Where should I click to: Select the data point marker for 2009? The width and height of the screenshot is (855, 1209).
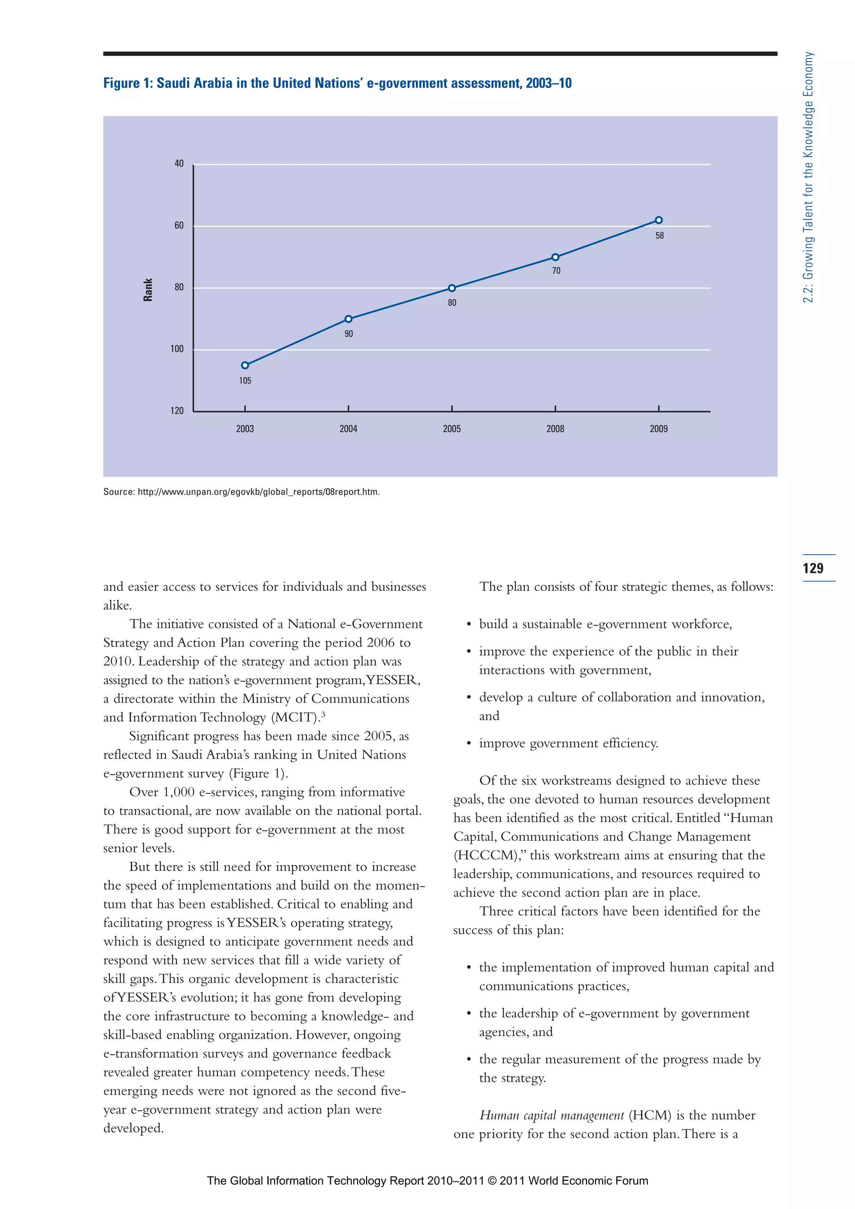(x=658, y=220)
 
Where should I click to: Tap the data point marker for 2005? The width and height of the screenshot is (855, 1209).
(x=451, y=288)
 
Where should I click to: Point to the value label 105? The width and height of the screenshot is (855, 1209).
(x=245, y=381)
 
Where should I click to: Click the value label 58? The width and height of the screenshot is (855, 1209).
(x=660, y=235)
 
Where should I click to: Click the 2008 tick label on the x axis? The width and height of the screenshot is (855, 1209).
(x=555, y=429)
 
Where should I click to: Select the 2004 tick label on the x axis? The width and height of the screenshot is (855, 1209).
(x=348, y=429)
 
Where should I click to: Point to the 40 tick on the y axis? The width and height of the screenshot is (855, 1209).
(x=179, y=164)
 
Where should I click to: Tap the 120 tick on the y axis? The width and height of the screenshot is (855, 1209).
(x=177, y=411)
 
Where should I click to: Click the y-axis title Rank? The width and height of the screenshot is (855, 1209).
(x=148, y=290)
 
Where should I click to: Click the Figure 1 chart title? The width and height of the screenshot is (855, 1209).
(x=337, y=83)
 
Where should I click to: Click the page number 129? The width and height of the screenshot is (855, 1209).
(x=813, y=568)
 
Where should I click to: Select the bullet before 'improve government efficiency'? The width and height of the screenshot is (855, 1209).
(x=468, y=744)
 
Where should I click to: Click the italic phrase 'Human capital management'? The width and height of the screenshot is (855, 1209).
(x=551, y=1115)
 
